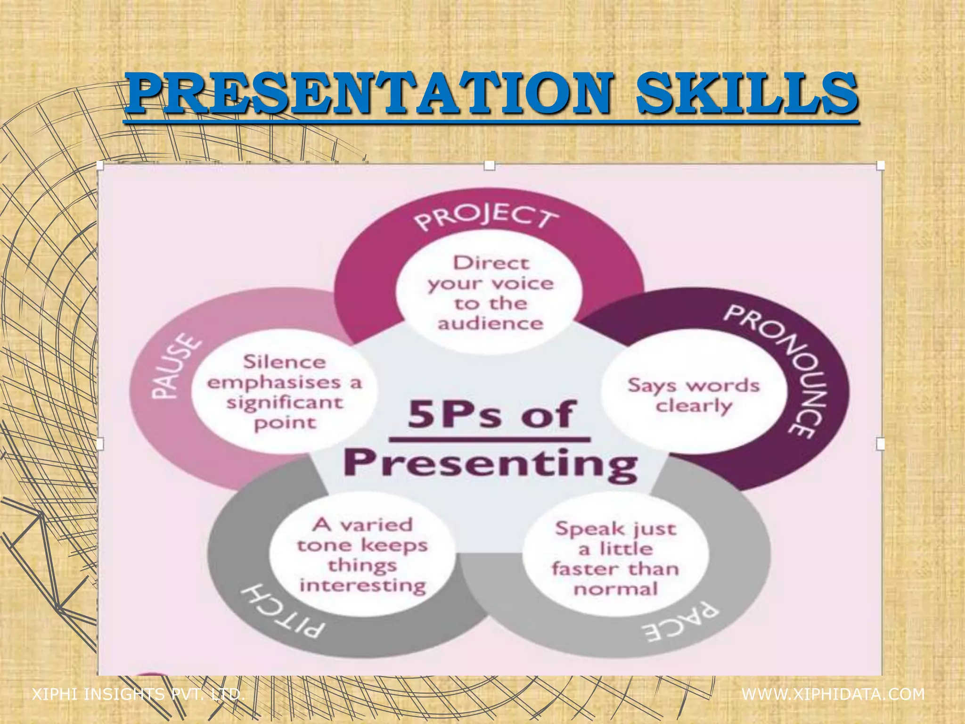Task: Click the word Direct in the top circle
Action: coord(491,263)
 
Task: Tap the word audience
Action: coord(491,324)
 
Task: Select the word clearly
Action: coord(694,406)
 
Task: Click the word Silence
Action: coord(285,362)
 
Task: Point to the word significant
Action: coord(285,403)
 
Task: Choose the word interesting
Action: coord(363,586)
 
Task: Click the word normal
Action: coord(615,589)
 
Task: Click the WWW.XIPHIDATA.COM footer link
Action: coord(833,694)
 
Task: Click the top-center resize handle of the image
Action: coord(490,165)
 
